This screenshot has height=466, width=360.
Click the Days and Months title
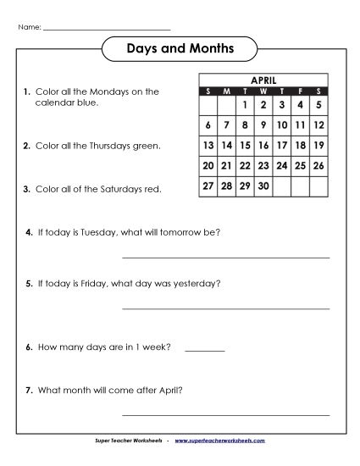180,50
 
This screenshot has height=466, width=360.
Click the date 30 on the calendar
263,185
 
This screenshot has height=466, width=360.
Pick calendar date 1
244,106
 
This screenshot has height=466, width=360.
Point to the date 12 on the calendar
319,125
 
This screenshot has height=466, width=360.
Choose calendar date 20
208,165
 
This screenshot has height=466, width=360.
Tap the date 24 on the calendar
282,165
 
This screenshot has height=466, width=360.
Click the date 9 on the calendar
263,125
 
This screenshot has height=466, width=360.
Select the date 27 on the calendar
208,185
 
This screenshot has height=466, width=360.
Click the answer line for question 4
226,256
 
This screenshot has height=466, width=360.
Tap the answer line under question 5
226,308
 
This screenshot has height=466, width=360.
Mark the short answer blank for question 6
204,350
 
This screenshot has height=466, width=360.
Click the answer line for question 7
226,414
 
